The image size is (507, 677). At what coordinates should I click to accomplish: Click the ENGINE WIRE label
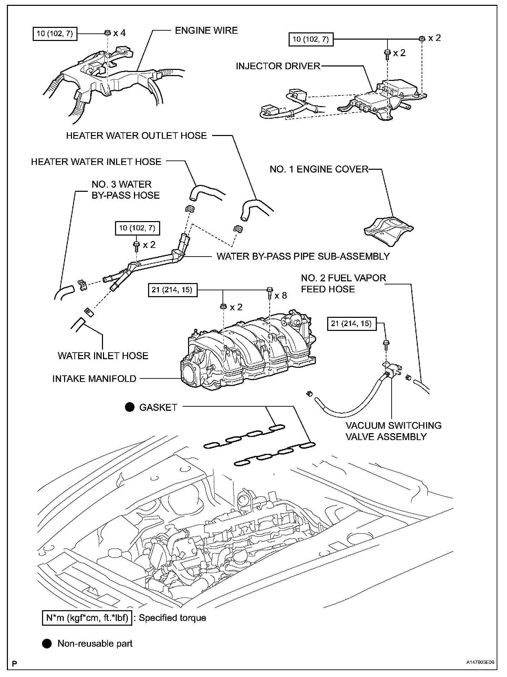pos(206,31)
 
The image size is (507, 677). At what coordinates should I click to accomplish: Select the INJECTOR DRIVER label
pos(278,66)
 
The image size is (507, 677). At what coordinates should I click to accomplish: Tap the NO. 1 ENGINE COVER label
pos(319,169)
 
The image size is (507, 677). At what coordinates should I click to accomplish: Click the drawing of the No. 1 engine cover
pos(389,230)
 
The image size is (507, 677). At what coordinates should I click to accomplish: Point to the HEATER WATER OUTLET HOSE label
pos(136,136)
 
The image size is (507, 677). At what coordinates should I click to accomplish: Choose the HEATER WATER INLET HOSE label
pos(96,162)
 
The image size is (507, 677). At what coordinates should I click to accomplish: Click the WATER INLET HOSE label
pos(103,356)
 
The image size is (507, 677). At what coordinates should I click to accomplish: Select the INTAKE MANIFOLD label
pos(94,379)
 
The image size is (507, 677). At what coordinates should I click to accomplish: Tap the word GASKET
pos(158,407)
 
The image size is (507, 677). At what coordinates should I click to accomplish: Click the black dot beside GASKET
pos(130,407)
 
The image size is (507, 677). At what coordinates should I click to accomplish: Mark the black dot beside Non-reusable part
pos(47,643)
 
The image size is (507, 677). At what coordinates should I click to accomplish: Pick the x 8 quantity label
pos(280,295)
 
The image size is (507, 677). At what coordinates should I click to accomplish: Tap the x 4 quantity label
pos(120,33)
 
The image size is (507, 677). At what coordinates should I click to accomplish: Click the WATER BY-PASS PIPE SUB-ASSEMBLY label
pos(303,256)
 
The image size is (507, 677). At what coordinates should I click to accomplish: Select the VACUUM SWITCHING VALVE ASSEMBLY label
pos(393,431)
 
